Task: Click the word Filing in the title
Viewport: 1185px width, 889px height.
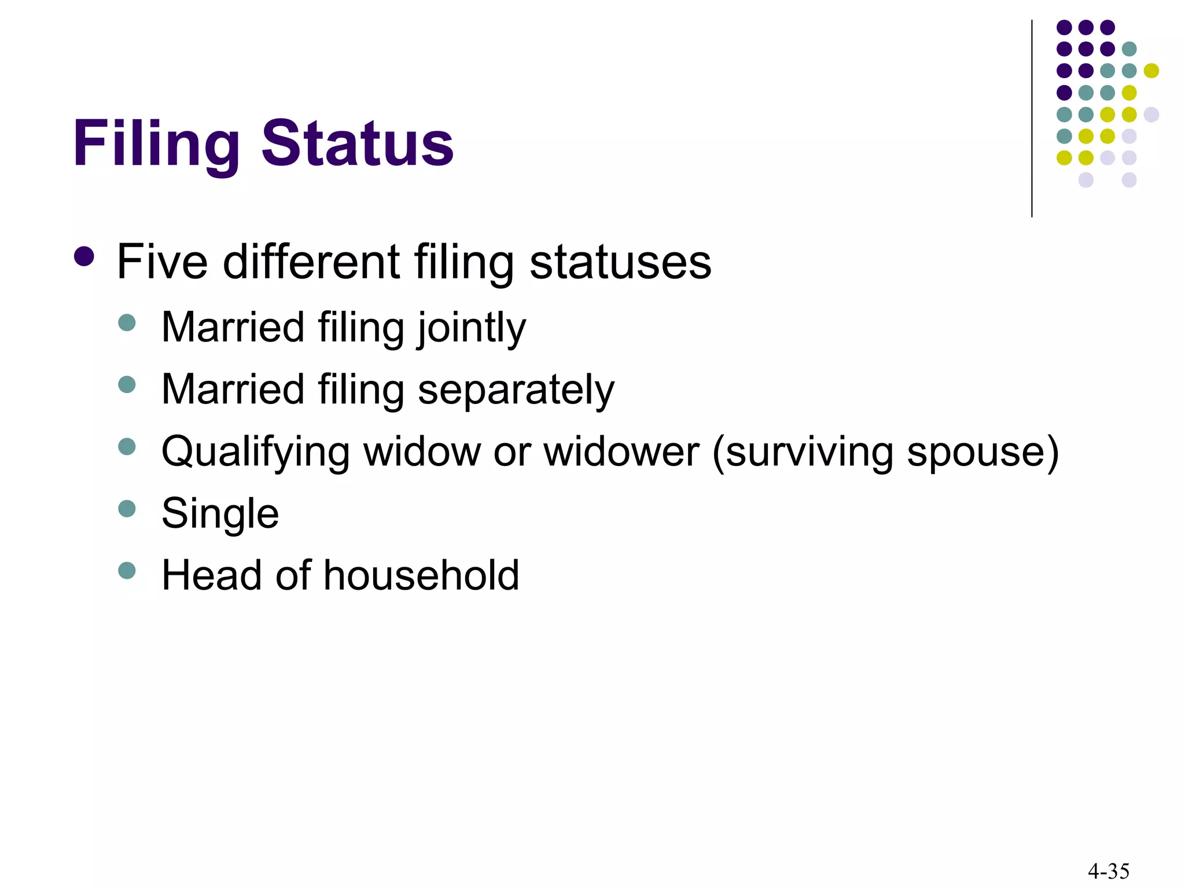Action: (156, 144)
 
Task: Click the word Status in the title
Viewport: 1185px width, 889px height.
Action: (357, 144)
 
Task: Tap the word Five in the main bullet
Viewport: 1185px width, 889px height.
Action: (162, 262)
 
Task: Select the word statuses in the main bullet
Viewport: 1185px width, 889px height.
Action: (620, 262)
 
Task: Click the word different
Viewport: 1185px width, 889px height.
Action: (312, 262)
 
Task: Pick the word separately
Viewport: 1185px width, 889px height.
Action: (516, 390)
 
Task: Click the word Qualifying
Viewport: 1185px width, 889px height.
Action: (255, 452)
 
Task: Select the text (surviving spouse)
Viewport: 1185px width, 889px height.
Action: (885, 452)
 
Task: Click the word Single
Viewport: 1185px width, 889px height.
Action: (220, 514)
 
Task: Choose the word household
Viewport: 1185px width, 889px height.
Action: (421, 575)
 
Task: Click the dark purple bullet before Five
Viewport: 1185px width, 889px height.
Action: (84, 256)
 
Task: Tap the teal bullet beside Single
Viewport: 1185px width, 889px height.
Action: (127, 509)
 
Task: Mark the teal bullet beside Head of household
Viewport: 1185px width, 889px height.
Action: (127, 571)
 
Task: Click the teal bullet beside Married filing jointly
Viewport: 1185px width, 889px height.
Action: (127, 322)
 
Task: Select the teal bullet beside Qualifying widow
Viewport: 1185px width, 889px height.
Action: (127, 446)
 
